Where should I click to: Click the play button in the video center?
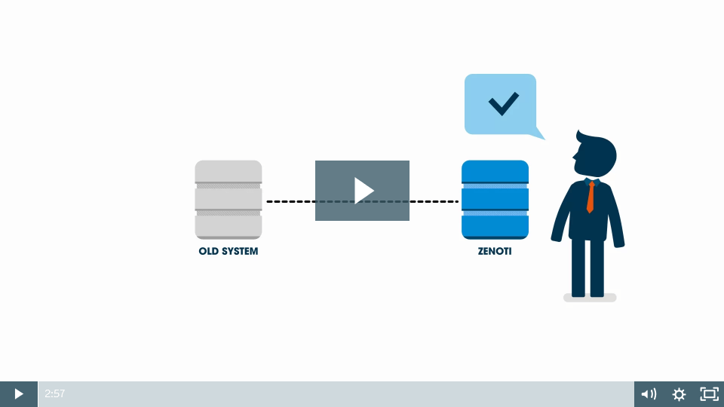click(x=363, y=191)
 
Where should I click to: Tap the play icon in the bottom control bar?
click(x=19, y=393)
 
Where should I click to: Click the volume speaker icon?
click(x=649, y=394)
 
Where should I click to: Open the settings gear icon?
click(x=679, y=394)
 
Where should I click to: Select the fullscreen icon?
click(x=709, y=394)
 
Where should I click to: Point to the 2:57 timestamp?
click(x=55, y=393)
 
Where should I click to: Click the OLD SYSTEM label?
click(x=228, y=252)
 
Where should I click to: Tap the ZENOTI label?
click(x=495, y=252)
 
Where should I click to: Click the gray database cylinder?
click(x=229, y=200)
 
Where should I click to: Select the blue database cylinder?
click(x=495, y=200)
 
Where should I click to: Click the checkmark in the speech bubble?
click(x=503, y=103)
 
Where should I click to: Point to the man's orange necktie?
click(x=591, y=197)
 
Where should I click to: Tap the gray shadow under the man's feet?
click(x=590, y=298)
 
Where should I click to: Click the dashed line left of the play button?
click(x=290, y=202)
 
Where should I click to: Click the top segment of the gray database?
click(x=229, y=171)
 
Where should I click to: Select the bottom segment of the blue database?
click(x=495, y=226)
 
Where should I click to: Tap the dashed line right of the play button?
click(x=434, y=202)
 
